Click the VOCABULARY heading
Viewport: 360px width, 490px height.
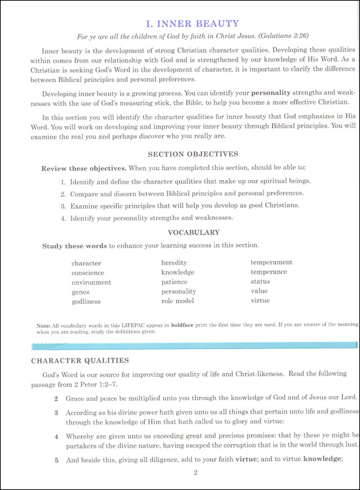click(193, 233)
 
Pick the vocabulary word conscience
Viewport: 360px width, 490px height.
click(88, 273)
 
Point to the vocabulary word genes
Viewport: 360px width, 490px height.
click(80, 292)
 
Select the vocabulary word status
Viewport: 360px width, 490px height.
click(260, 282)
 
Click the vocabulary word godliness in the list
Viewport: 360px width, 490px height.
click(86, 302)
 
